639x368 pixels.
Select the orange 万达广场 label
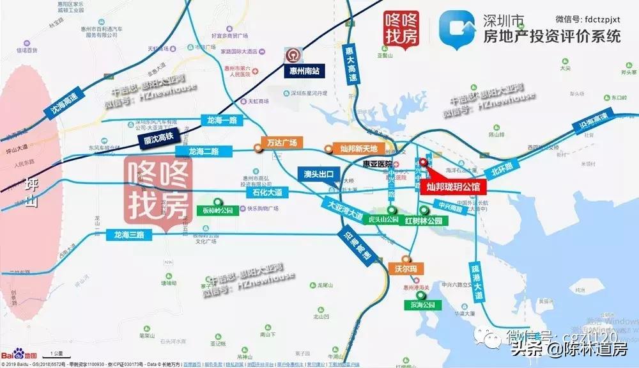[281, 143]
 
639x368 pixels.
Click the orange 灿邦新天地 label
[356, 149]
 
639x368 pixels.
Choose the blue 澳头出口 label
[319, 174]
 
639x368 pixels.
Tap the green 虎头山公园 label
[384, 220]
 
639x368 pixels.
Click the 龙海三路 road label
[127, 235]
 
